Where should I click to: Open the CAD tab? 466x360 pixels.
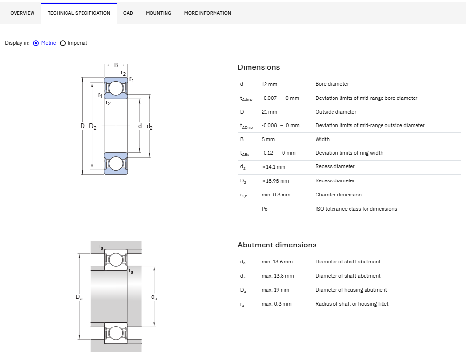pyautogui.click(x=128, y=13)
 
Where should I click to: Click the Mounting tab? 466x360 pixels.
pyautogui.click(x=158, y=13)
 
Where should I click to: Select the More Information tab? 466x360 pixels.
pyautogui.click(x=207, y=13)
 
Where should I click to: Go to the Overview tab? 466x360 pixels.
pyautogui.click(x=22, y=13)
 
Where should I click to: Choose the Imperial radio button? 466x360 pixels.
pyautogui.click(x=63, y=43)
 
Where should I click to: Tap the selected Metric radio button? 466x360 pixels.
pyautogui.click(x=36, y=43)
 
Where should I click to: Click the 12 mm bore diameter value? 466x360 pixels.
pyautogui.click(x=269, y=84)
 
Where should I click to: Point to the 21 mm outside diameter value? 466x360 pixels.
pyautogui.click(x=269, y=112)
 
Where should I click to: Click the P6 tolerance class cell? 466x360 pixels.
pyautogui.click(x=265, y=209)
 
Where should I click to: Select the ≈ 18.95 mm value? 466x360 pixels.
pyautogui.click(x=275, y=181)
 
